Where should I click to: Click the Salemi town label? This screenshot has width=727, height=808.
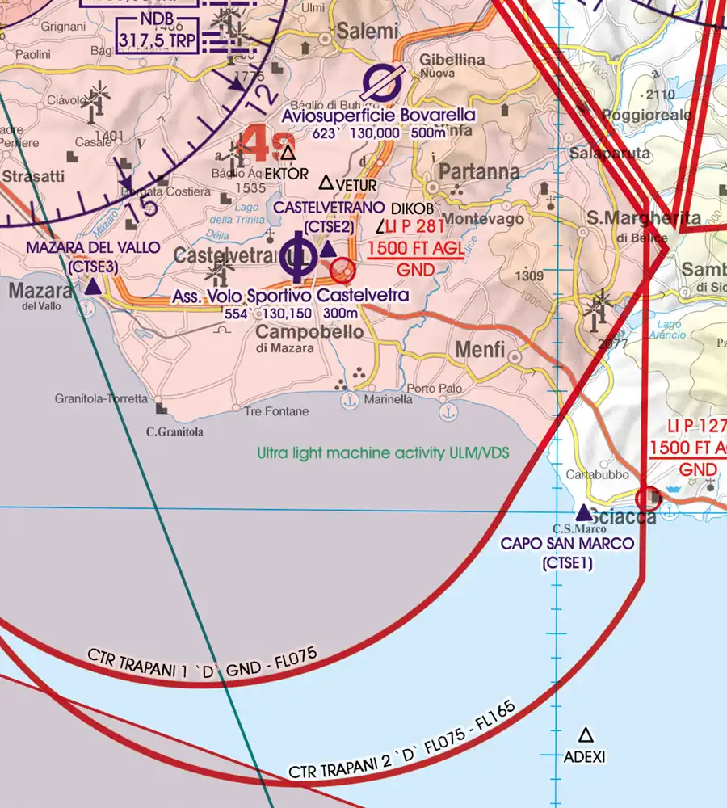pos(368,32)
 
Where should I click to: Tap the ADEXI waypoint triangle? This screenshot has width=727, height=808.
pos(586,735)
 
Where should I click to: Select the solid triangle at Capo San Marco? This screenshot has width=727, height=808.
pos(583,512)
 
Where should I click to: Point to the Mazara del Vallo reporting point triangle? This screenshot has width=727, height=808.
pos(93,286)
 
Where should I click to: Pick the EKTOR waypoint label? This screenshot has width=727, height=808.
pos(286,174)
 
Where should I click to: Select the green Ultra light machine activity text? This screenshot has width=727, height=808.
pos(384,453)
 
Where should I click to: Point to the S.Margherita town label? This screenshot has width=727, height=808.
pos(644,219)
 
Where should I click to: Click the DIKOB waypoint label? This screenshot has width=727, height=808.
pos(412,209)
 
